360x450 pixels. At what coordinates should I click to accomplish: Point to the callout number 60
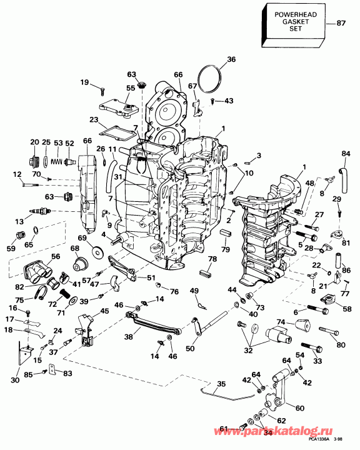300,407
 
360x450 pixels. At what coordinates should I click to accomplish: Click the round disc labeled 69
99,252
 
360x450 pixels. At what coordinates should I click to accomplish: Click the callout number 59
11,248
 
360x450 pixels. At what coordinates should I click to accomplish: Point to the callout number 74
282,322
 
